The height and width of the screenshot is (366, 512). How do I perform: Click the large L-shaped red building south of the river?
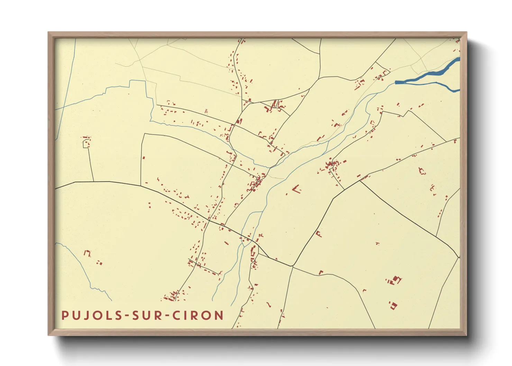tap(296, 189)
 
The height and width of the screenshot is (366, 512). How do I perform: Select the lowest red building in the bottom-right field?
tap(393, 305)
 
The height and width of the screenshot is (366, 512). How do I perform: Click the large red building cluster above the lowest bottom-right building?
tap(394, 280)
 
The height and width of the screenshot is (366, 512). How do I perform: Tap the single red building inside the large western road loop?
tap(144, 158)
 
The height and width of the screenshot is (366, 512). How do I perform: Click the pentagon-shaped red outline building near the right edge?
tap(422, 171)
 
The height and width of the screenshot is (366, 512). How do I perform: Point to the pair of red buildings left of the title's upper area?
tap(100, 263)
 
